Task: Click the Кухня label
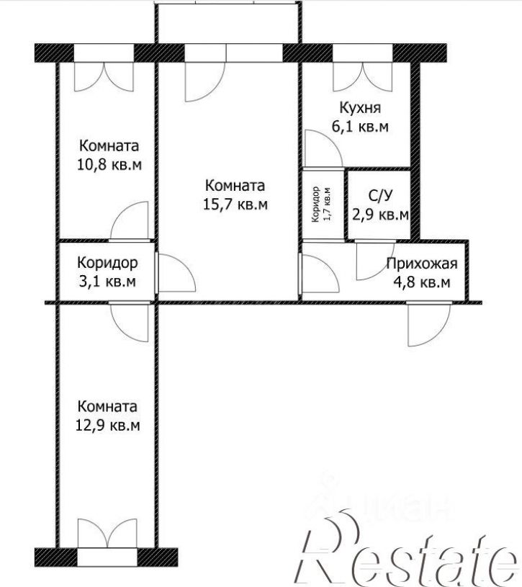click(x=360, y=107)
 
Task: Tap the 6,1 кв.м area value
click(x=360, y=127)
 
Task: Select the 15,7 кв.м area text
click(x=235, y=205)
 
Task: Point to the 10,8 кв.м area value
click(x=109, y=164)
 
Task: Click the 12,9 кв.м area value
click(x=108, y=425)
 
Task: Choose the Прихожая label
click(x=422, y=264)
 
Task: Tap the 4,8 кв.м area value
click(x=422, y=282)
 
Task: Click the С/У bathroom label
click(x=381, y=195)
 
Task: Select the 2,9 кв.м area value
click(x=381, y=215)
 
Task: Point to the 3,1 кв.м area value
click(x=107, y=281)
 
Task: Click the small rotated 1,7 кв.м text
click(x=328, y=204)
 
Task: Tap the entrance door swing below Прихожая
click(x=429, y=324)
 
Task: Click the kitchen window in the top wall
click(x=363, y=53)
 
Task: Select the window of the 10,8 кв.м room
click(x=104, y=53)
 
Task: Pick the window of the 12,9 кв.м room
click(x=107, y=557)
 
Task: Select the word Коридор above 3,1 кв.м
click(x=107, y=263)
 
